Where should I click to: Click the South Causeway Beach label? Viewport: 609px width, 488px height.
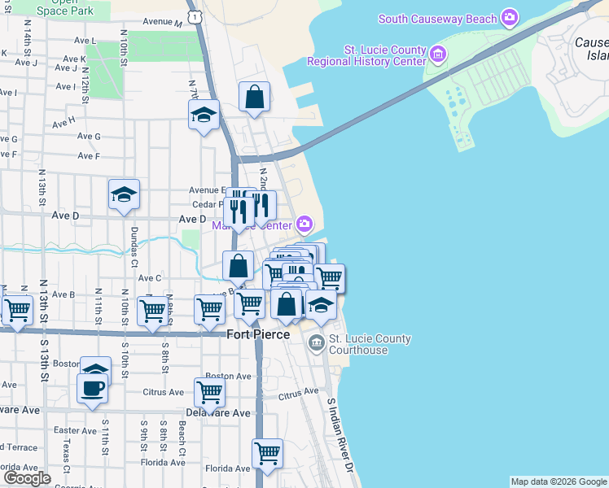[438, 18]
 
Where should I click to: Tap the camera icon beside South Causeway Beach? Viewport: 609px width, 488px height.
[510, 17]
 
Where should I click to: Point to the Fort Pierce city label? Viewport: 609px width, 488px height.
[257, 334]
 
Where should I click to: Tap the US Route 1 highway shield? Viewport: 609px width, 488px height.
[195, 15]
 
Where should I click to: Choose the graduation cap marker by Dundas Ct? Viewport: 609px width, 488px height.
[124, 195]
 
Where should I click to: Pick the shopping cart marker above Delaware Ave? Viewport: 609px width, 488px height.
[210, 393]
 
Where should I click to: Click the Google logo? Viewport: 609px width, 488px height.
[27, 478]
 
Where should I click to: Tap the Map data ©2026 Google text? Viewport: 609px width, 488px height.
[559, 481]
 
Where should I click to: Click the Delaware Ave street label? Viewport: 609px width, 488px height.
[218, 413]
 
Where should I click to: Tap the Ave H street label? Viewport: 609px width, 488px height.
[64, 123]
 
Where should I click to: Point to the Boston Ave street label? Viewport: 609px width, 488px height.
[228, 377]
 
